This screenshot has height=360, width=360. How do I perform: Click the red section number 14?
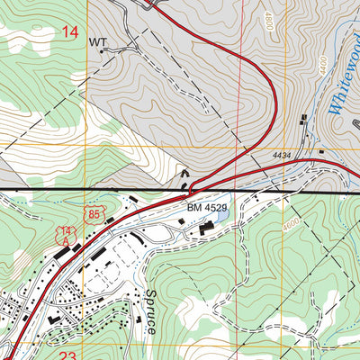click(x=70, y=32)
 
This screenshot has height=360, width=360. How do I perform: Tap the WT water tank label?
click(x=97, y=41)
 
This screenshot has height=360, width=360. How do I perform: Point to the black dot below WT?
click(x=102, y=51)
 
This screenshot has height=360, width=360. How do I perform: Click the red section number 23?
click(x=67, y=355)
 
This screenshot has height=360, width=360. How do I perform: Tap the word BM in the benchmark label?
click(x=193, y=208)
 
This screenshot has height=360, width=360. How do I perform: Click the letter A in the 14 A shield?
click(x=63, y=241)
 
